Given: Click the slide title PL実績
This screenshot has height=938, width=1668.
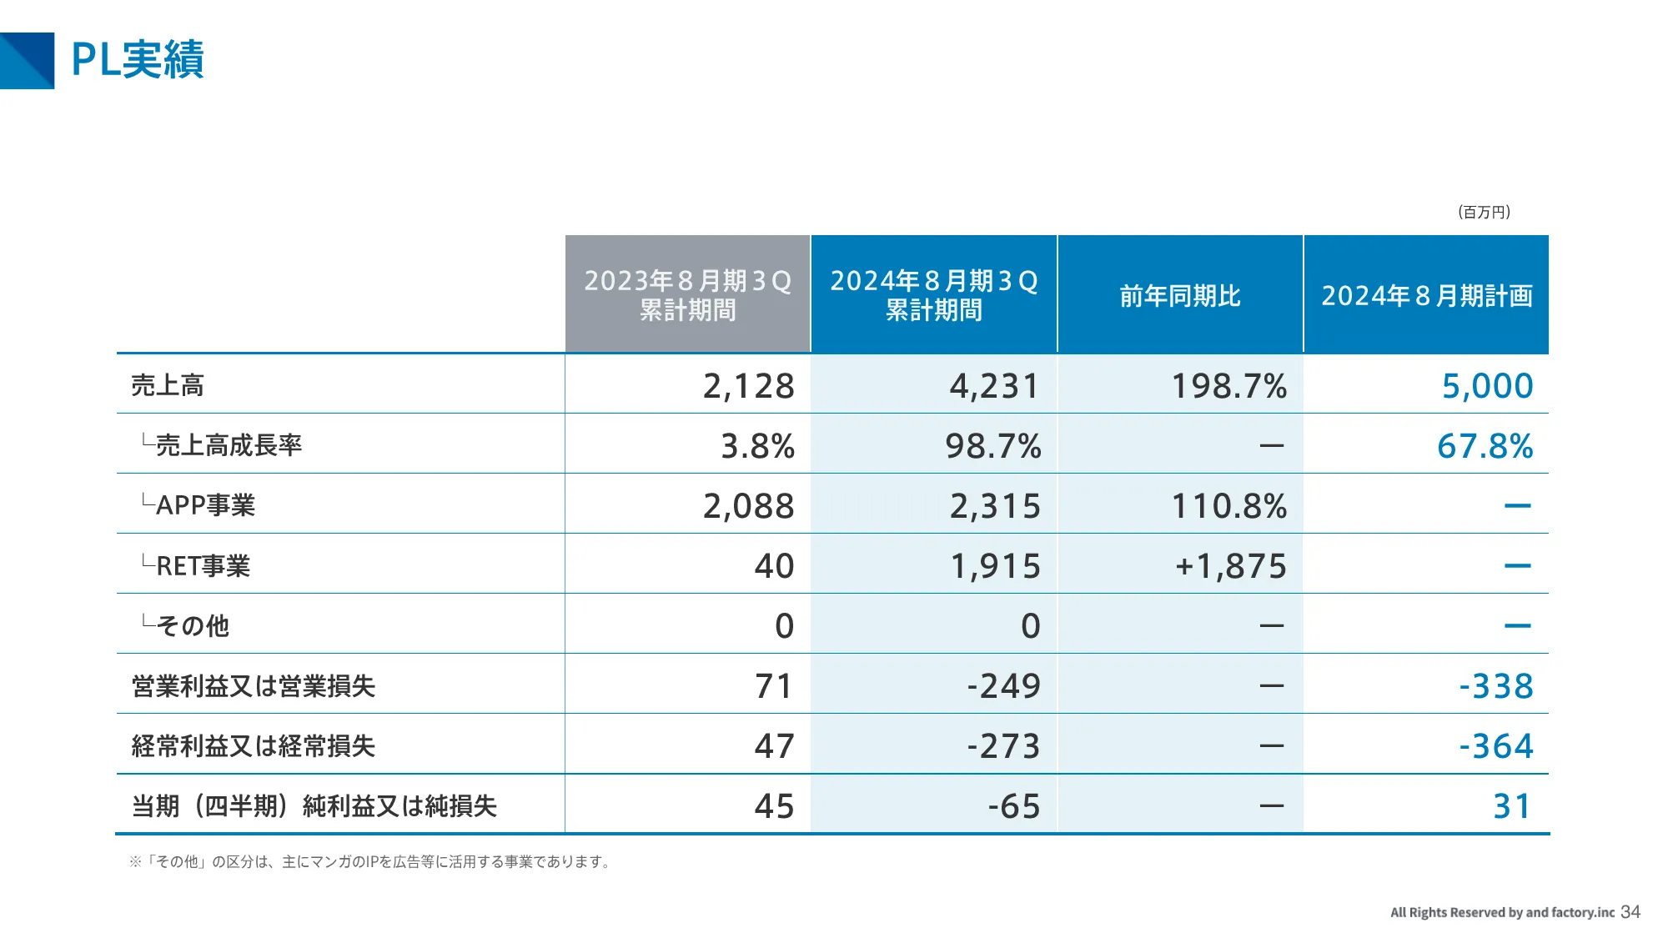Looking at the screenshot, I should click(138, 60).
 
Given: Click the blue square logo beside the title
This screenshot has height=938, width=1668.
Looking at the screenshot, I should click(27, 60).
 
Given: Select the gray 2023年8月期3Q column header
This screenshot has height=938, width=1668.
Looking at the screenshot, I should click(687, 294).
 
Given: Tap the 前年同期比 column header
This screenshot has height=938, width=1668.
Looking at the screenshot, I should click(1179, 295).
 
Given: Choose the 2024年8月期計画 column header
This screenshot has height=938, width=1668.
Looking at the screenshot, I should click(1426, 295).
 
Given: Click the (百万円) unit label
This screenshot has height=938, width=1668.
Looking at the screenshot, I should click(1485, 212).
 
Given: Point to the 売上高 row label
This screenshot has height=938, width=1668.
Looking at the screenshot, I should click(168, 385).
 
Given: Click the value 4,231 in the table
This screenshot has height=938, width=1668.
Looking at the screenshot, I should click(994, 386).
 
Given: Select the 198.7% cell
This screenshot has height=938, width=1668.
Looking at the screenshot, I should click(1228, 386).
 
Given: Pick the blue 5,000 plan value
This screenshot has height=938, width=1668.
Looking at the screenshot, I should click(1487, 386).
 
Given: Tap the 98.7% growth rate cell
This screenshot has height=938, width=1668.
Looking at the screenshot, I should click(992, 446).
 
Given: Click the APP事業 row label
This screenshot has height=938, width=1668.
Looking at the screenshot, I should click(204, 505).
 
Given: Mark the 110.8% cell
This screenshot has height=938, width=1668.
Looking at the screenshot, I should click(1228, 506).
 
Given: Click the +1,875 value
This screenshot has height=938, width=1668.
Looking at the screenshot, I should click(1230, 566).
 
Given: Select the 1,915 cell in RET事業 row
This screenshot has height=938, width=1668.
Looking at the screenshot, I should click(995, 566).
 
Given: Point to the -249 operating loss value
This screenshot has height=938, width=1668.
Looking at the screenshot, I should click(1003, 686).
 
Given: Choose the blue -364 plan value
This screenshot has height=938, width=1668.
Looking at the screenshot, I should click(1495, 746).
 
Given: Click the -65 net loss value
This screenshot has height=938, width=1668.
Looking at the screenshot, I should click(1013, 806).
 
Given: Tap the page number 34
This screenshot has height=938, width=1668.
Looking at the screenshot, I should click(1630, 912).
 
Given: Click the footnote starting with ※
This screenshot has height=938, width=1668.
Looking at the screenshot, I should click(371, 861).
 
